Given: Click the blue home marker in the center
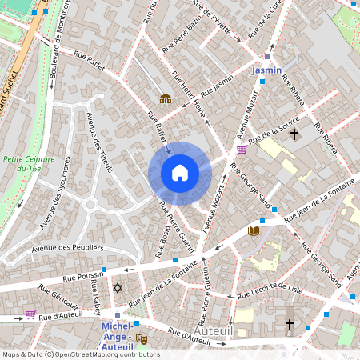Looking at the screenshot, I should click(x=180, y=173).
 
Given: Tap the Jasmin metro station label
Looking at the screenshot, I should click(x=266, y=70).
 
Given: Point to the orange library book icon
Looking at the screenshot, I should click(x=254, y=231).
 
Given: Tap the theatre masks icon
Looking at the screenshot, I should click(x=142, y=338).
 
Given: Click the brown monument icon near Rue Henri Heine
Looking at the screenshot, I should click(x=165, y=98).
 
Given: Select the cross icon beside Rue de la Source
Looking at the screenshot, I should click(x=294, y=134).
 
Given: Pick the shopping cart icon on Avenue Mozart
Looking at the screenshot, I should click(x=242, y=150).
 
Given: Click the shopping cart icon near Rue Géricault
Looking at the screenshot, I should click(x=31, y=314).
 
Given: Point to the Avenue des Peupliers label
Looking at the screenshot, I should click(x=69, y=249).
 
